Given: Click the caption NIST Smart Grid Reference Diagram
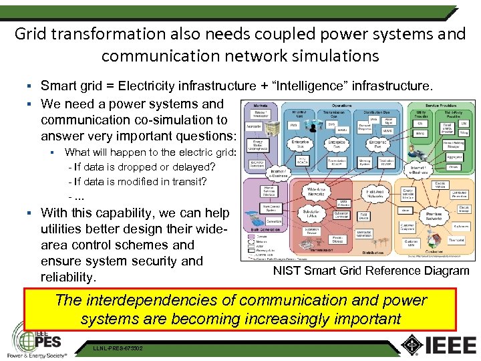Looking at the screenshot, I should point(371,271).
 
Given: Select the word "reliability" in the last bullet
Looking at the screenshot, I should point(68,277).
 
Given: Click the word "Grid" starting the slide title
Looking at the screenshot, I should point(31,33).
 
